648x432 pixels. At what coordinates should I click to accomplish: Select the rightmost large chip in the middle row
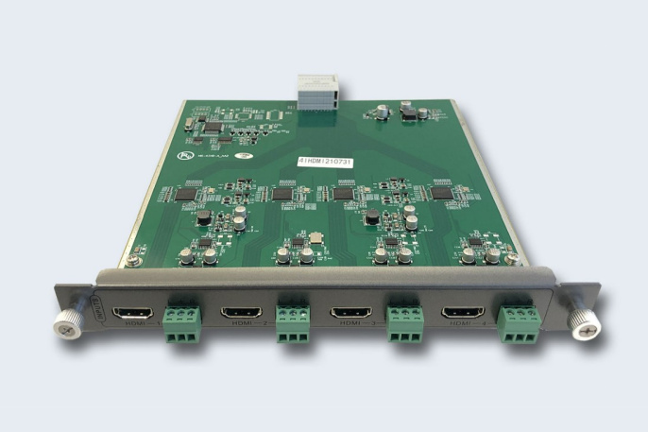(442, 193)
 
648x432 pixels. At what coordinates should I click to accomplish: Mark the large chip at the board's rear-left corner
(213, 125)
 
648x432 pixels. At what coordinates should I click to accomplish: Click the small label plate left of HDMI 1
(100, 309)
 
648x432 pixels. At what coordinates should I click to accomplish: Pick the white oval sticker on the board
(244, 157)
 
